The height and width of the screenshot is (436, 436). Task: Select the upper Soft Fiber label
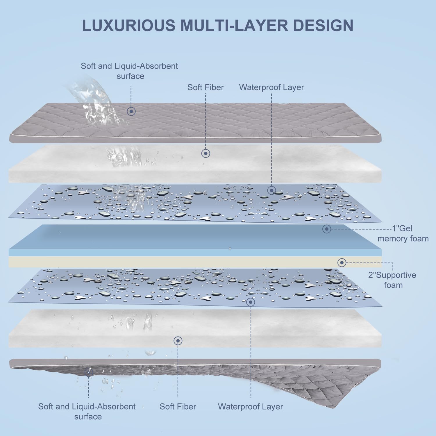(206, 87)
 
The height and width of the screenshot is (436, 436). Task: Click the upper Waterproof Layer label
(271, 87)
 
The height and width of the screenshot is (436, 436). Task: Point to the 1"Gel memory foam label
(403, 233)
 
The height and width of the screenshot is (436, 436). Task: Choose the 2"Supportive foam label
(392, 280)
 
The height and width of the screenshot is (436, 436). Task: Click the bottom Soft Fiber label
(178, 406)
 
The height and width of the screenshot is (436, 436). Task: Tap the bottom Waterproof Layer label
(250, 406)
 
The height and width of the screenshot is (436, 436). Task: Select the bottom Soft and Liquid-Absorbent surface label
(87, 411)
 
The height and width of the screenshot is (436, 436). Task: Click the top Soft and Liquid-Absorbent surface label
(129, 71)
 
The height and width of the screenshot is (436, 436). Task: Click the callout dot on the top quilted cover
(131, 111)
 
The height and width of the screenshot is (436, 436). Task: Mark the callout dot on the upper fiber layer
(206, 153)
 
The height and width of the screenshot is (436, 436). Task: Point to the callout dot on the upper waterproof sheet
(271, 190)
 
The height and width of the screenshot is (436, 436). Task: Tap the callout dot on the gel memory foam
(327, 229)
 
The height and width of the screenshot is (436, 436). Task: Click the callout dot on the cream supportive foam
(342, 263)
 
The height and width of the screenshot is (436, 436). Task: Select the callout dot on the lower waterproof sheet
(251, 302)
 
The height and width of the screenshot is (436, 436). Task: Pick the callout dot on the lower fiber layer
(178, 341)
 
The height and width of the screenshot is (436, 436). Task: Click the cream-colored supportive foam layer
(174, 262)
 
